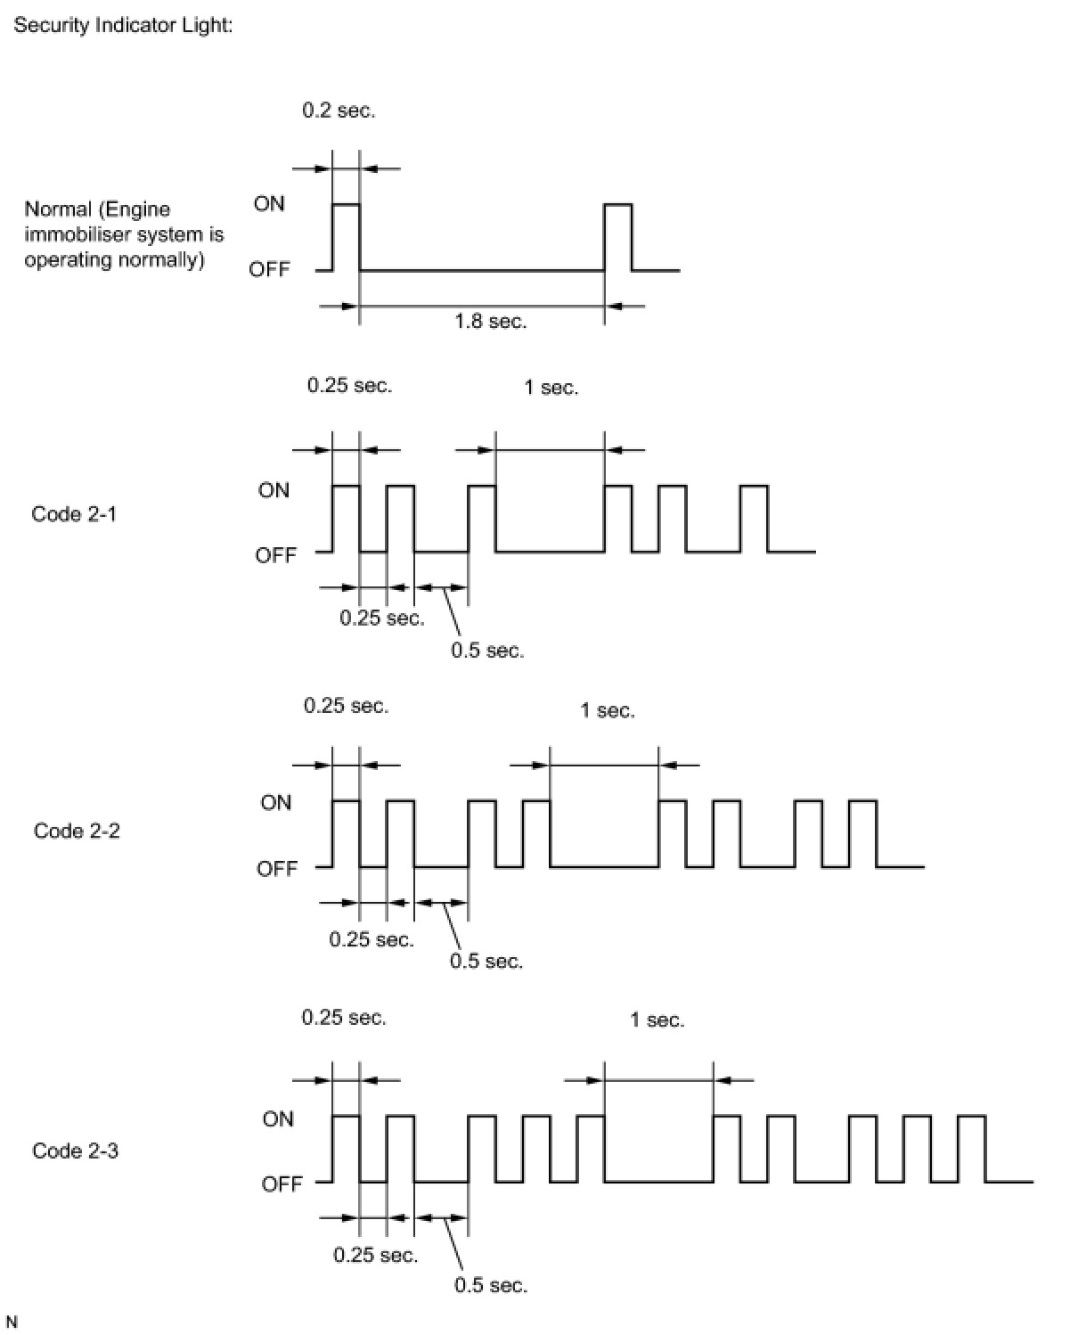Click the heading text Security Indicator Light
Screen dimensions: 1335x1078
[x=123, y=25]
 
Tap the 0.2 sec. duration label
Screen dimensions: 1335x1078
[x=339, y=111]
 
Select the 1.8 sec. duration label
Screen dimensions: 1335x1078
[x=490, y=321]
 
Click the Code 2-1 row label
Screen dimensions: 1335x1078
[x=74, y=514]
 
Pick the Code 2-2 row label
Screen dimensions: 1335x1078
[x=77, y=831]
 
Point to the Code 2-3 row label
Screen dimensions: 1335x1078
[x=76, y=1151]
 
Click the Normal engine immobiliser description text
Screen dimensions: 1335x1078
[x=124, y=234]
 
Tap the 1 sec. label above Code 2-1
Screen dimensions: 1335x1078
[x=551, y=388]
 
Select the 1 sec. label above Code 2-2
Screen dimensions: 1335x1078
[x=607, y=710]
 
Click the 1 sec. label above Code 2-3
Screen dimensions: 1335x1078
[x=657, y=1020]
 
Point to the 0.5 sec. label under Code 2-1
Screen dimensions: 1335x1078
[x=487, y=651]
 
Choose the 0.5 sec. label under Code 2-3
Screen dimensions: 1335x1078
[x=491, y=1285]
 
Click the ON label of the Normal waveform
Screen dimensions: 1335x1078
[x=269, y=204]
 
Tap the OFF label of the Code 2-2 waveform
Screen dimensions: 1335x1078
[x=276, y=868]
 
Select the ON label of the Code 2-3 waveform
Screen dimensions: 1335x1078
[x=277, y=1118]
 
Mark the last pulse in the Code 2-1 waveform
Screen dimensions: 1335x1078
[x=754, y=519]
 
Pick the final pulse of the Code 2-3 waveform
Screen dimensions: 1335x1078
[x=971, y=1148]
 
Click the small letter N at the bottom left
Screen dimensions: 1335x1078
[x=12, y=1322]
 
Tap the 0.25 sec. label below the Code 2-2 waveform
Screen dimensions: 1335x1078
[x=372, y=939]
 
